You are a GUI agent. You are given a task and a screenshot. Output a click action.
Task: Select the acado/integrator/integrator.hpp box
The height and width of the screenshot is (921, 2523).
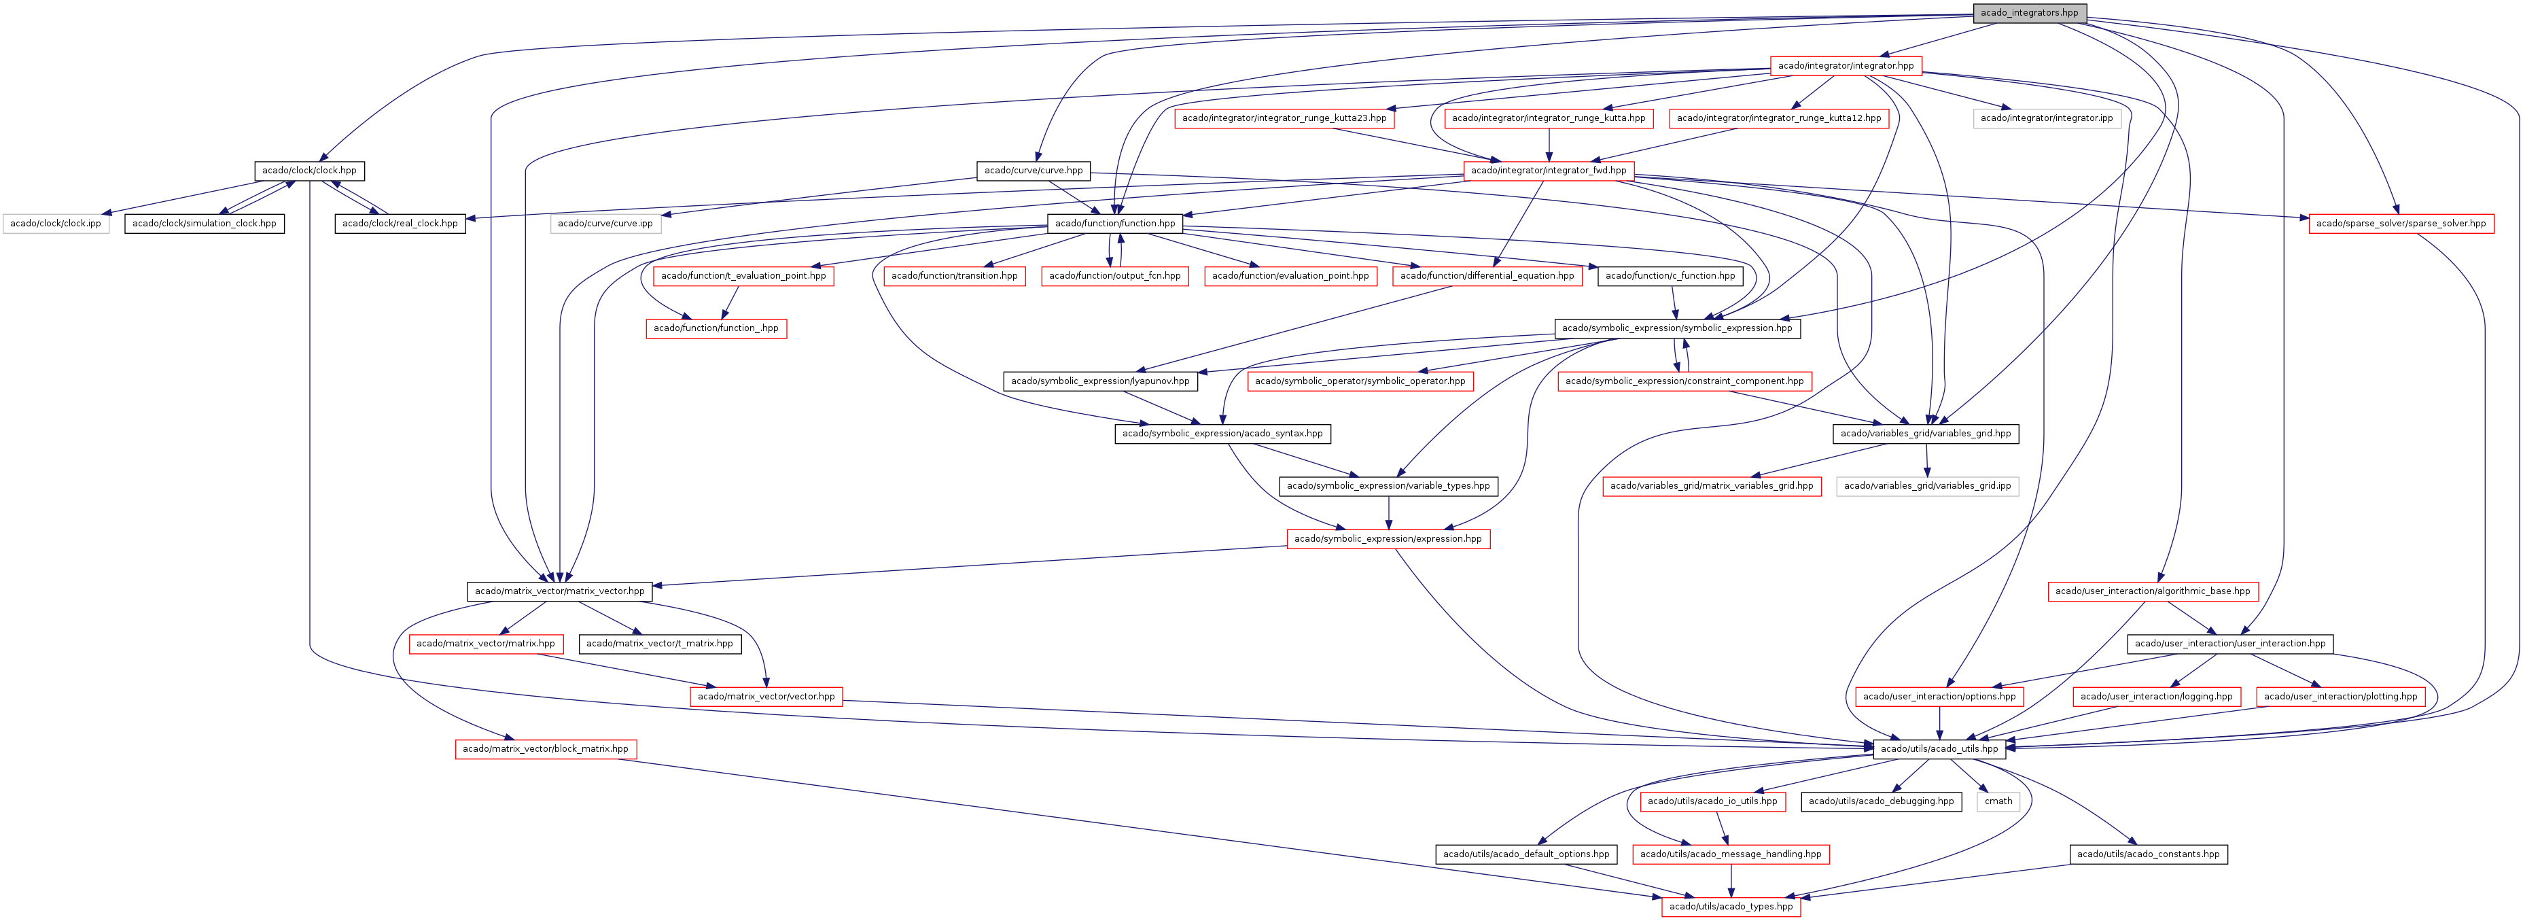1846,66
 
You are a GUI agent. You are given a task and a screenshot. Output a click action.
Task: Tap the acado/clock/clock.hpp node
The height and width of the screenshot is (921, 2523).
309,171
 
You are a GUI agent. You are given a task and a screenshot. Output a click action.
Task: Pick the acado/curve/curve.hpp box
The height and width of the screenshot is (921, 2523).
1034,171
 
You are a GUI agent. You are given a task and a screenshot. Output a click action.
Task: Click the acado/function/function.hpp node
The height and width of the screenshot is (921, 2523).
1114,224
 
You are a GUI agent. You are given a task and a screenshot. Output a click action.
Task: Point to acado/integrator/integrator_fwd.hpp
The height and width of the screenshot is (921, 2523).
1549,171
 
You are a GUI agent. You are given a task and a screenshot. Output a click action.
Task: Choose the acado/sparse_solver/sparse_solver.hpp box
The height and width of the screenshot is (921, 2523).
2401,224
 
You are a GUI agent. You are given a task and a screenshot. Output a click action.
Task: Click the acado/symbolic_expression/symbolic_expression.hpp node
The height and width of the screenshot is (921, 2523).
1677,328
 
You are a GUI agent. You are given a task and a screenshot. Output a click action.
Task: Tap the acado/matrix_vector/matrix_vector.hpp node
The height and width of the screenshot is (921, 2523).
559,591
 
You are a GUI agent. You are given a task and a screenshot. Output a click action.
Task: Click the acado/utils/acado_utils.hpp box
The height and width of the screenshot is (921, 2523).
1939,748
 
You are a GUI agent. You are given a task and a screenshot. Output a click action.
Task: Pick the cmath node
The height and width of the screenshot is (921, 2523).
1998,801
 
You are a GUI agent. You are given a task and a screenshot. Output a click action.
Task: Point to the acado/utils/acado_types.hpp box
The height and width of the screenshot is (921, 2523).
1731,906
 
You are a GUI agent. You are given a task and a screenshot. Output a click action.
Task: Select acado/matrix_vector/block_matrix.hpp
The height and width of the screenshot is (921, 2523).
546,748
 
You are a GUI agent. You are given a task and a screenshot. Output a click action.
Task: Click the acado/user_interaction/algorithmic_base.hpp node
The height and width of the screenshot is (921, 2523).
2153,591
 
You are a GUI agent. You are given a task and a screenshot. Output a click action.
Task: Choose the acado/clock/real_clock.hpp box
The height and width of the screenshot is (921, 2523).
400,224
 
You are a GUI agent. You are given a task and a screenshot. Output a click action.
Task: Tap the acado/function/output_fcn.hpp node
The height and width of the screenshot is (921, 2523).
1114,276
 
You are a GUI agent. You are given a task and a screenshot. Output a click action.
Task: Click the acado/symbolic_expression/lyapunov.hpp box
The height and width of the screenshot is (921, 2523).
1100,381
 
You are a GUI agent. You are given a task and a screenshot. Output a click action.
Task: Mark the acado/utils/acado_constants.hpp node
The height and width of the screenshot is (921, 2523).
2148,854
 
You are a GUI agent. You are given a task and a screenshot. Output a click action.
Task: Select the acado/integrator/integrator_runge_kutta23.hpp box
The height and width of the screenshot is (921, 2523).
1284,118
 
